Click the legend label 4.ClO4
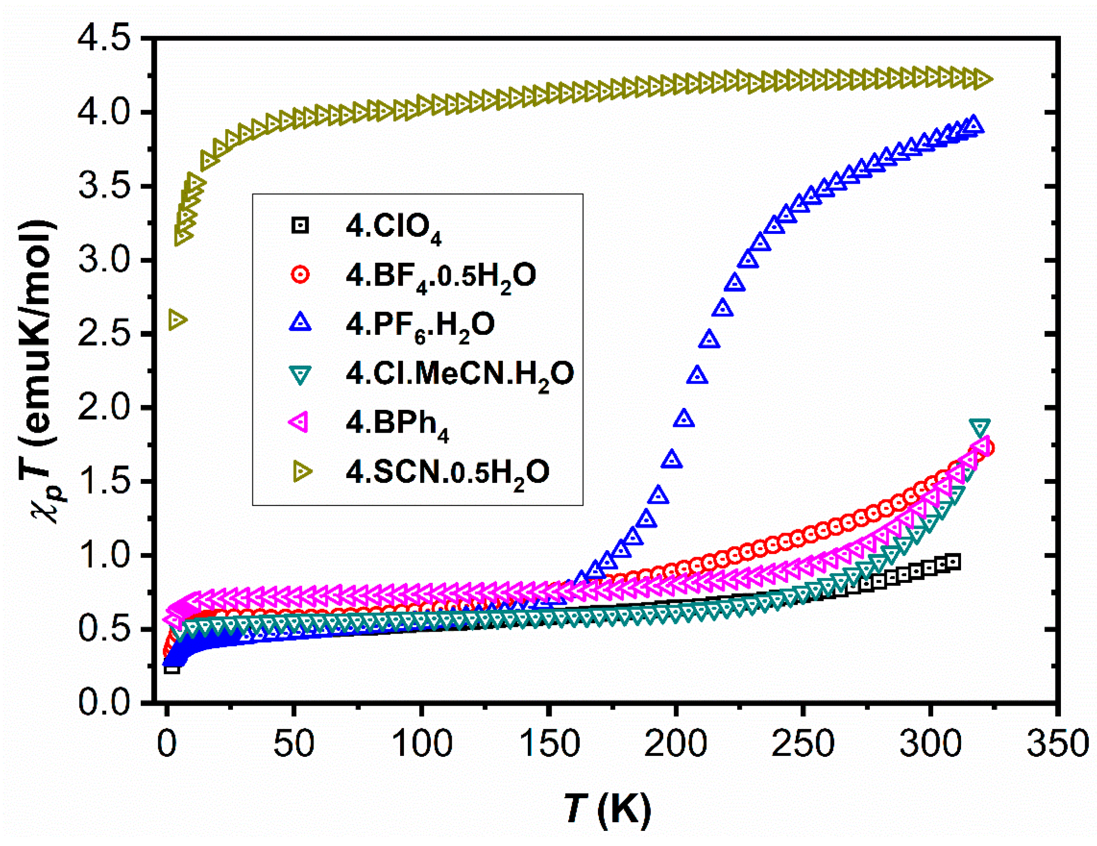tap(393, 228)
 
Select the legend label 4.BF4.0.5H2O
tap(441, 276)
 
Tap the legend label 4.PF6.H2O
tap(420, 326)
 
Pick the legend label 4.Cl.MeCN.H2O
tap(459, 374)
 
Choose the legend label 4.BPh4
tap(397, 423)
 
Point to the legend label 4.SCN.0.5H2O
tap(447, 473)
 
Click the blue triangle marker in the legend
tap(300, 323)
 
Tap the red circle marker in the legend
tap(300, 275)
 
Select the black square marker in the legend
tap(300, 226)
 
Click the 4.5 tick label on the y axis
tap(103, 39)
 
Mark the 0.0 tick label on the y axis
tap(103, 702)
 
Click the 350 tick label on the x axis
tap(1058, 745)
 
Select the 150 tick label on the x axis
tap(549, 745)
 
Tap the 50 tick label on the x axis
tap(294, 745)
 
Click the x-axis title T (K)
tap(607, 809)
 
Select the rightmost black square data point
tap(953, 562)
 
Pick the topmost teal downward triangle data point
tap(980, 427)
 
